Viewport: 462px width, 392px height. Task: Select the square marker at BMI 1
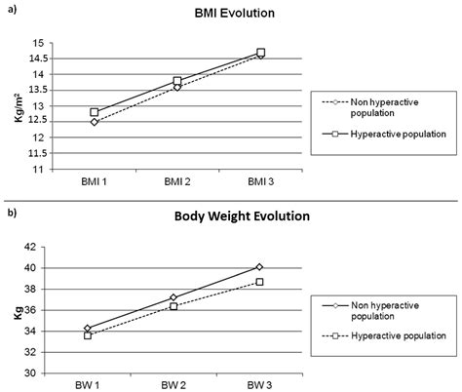pos(95,112)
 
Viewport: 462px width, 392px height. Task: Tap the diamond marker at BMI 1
pos(95,122)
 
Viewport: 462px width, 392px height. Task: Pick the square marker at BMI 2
pos(177,81)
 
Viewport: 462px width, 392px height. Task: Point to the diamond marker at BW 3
pos(260,266)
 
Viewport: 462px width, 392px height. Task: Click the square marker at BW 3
pos(260,281)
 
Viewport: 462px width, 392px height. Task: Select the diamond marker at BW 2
pos(174,297)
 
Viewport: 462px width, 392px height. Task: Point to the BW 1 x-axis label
pos(89,385)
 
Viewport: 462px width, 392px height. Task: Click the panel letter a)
pos(10,12)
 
